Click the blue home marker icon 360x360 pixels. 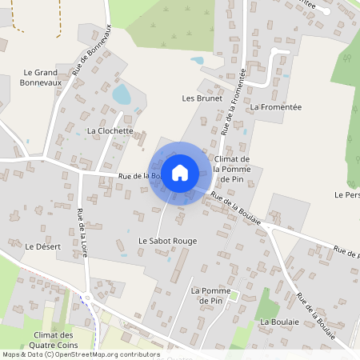tap(180, 173)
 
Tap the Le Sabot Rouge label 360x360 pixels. tap(167, 240)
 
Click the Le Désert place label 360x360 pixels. tap(43, 246)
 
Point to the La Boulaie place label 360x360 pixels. tap(280, 322)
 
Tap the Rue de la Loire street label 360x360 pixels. tap(82, 233)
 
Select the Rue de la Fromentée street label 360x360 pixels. tap(235, 100)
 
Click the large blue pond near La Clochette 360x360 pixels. tap(122, 96)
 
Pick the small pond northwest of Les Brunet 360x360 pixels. tap(196, 61)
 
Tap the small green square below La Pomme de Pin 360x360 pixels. tap(234, 297)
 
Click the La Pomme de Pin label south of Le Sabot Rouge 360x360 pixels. tap(206, 294)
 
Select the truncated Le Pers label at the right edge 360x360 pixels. tap(347, 194)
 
